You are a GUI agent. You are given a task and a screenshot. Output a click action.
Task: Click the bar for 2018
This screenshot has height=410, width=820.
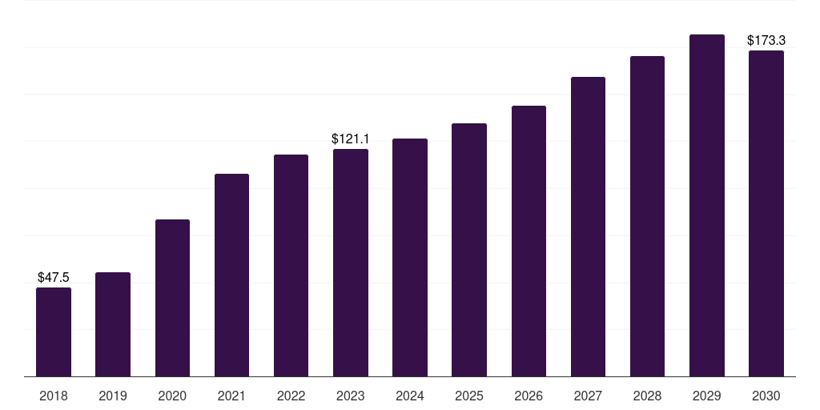pyautogui.click(x=54, y=332)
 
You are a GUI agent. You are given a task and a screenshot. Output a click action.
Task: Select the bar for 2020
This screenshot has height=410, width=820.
pyautogui.click(x=172, y=298)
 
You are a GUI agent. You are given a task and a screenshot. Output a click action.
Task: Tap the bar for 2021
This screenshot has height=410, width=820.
pyautogui.click(x=231, y=275)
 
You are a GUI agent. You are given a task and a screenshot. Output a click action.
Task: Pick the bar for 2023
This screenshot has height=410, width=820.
pyautogui.click(x=351, y=263)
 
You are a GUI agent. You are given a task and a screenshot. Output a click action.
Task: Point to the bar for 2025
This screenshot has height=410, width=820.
pyautogui.click(x=469, y=250)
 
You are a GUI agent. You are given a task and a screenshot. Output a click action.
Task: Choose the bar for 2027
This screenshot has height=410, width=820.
pyautogui.click(x=588, y=227)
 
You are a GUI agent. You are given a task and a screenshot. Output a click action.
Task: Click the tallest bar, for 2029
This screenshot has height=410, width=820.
pyautogui.click(x=707, y=206)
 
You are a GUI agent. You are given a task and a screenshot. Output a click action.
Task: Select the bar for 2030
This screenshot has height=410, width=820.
pyautogui.click(x=766, y=213)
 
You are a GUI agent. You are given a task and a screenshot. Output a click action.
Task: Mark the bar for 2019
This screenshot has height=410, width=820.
pyautogui.click(x=113, y=324)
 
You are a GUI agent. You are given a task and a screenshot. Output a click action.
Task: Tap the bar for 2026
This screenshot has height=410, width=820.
pyautogui.click(x=529, y=241)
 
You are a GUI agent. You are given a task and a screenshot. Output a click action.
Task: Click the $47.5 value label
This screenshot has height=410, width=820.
pyautogui.click(x=54, y=277)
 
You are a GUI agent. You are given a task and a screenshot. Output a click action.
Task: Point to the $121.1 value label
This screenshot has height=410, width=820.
pyautogui.click(x=351, y=139)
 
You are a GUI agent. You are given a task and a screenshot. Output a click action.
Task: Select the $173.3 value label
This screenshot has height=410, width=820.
pyautogui.click(x=766, y=40)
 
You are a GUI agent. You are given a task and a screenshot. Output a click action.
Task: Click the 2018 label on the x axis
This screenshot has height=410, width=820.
pyautogui.click(x=54, y=396)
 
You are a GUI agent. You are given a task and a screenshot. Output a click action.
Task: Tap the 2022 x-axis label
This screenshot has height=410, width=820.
pyautogui.click(x=291, y=396)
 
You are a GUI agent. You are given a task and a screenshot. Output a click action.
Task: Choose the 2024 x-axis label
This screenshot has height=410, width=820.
pyautogui.click(x=409, y=396)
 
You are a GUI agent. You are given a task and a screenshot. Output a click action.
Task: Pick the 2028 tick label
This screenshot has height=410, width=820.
pyautogui.click(x=647, y=396)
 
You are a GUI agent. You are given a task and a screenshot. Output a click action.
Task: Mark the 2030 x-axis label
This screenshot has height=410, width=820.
pyautogui.click(x=766, y=396)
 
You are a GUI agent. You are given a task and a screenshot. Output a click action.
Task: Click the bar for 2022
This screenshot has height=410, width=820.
pyautogui.click(x=291, y=266)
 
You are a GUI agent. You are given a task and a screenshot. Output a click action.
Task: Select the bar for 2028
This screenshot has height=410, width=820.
pyautogui.click(x=647, y=216)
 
